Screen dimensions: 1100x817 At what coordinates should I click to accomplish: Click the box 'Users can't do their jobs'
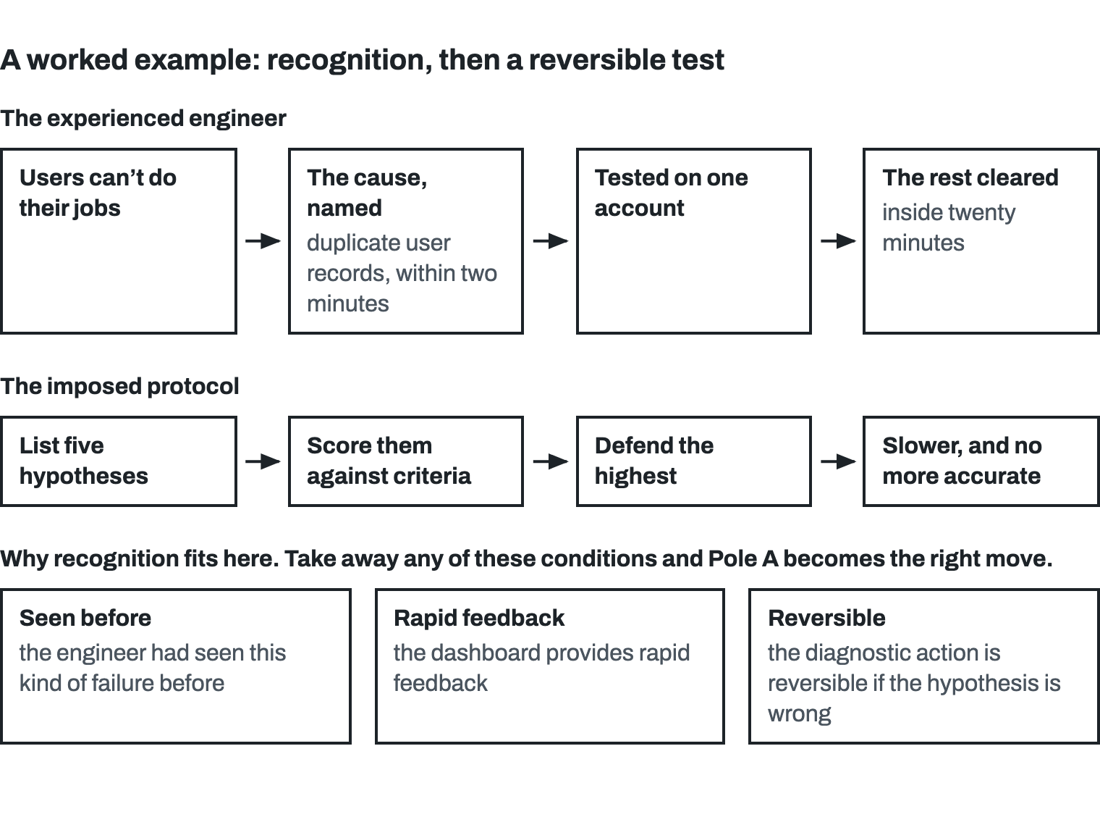119,240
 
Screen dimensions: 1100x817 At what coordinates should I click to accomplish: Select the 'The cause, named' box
406,240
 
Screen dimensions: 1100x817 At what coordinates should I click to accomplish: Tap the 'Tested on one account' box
693,240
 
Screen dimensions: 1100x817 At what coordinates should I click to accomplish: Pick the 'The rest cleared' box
981,240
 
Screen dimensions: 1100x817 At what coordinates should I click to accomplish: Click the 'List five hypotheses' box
119,461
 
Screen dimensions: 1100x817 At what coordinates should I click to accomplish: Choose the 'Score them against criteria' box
406,461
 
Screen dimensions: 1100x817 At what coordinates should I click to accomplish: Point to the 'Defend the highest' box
693,461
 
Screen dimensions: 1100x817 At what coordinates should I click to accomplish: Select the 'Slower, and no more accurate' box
981,461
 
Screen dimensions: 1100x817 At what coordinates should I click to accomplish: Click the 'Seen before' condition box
176,666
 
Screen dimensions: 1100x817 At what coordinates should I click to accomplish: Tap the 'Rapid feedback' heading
479,618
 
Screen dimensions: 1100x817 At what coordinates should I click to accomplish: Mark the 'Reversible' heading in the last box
826,618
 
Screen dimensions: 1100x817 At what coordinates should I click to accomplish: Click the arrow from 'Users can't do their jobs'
263,241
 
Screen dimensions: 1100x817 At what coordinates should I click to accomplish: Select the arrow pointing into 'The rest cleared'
838,241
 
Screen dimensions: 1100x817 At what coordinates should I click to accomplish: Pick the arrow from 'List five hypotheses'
263,461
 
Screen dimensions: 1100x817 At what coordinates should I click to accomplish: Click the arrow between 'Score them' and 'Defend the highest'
551,461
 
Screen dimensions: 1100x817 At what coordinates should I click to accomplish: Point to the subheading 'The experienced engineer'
143,119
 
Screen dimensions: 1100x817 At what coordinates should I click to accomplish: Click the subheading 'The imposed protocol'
119,386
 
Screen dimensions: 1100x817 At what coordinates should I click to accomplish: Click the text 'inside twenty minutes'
949,227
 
